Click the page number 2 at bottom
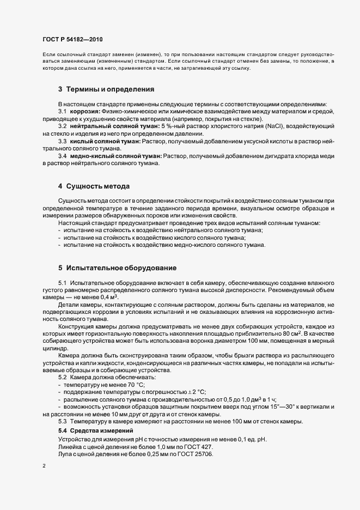pyautogui.click(x=43, y=467)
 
